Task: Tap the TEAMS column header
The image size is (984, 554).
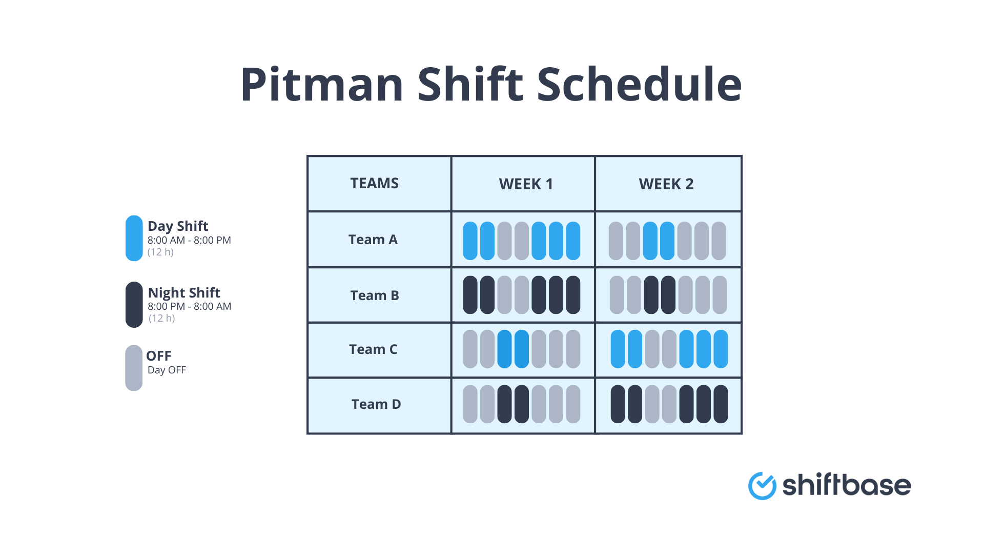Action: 374,183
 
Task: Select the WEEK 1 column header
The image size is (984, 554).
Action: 526,184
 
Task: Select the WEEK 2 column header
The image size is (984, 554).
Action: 666,184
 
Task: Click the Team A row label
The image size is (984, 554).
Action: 373,240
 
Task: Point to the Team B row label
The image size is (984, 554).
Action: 374,295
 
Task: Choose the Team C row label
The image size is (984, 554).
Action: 373,349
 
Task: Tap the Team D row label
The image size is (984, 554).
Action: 376,404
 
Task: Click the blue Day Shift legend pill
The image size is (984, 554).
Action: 134,238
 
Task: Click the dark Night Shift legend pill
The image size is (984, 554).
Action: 134,304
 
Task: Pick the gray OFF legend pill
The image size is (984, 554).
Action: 134,368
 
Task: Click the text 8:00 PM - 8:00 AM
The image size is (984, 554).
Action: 189,306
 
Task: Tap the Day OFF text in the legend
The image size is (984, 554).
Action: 167,370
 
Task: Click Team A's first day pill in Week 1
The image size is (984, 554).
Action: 470,241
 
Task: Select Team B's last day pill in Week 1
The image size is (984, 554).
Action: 573,295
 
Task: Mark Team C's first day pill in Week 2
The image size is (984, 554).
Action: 618,349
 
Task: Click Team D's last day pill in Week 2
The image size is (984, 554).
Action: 721,404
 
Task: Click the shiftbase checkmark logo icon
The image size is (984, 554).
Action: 762,485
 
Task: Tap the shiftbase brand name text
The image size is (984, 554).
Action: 846,485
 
